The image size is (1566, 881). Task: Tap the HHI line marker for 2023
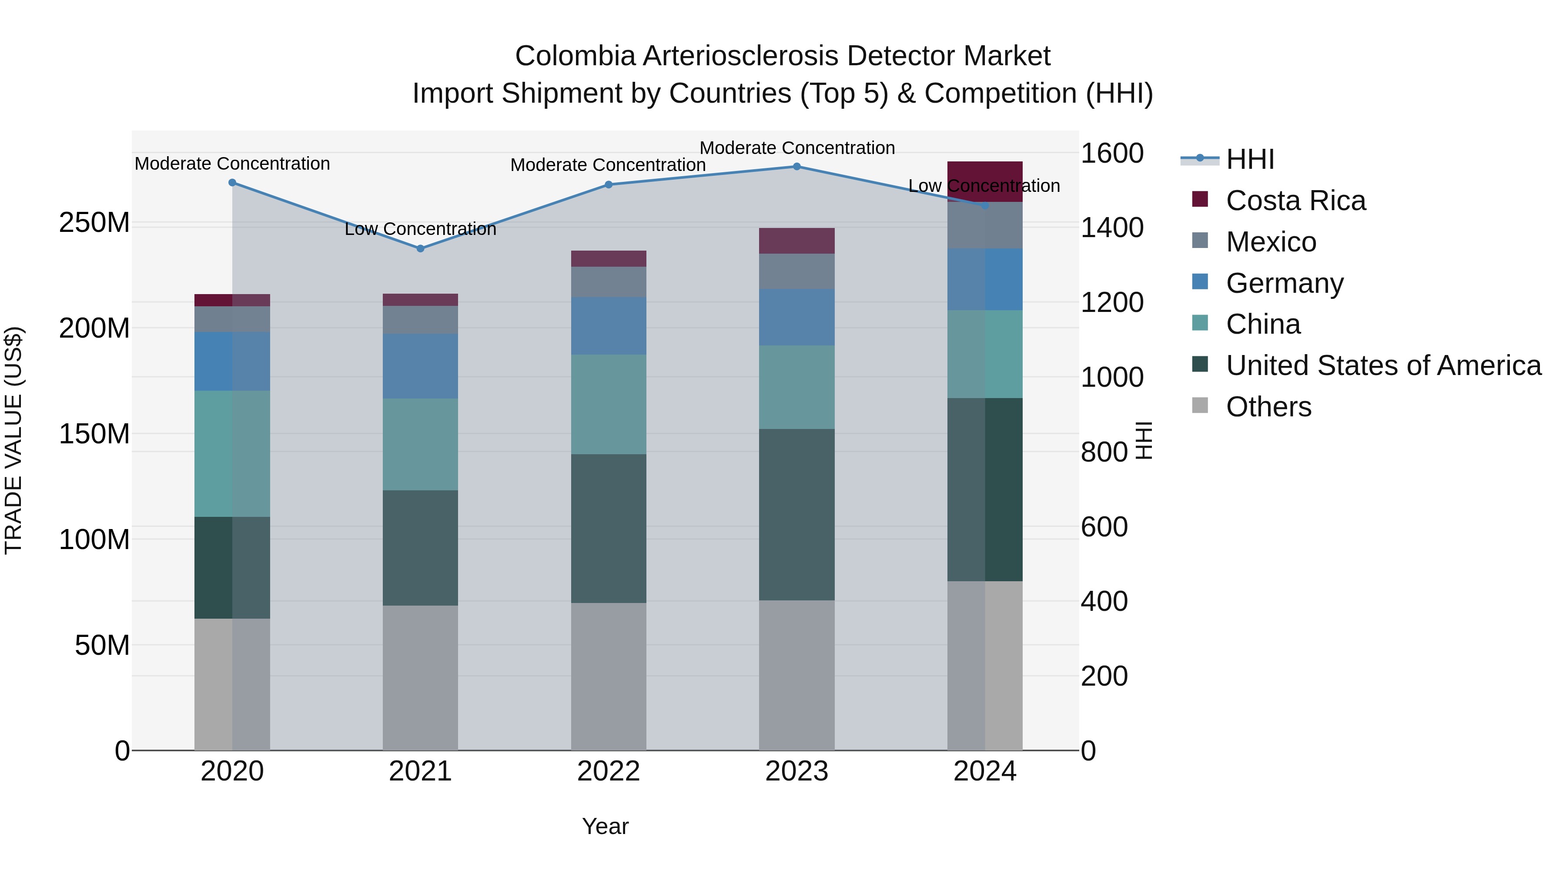point(796,167)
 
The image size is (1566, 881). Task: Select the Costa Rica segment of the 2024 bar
point(985,181)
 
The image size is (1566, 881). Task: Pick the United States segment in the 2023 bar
point(796,514)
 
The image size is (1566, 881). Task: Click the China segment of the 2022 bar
point(609,404)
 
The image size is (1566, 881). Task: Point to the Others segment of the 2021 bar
point(420,677)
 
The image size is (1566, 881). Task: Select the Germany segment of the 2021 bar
point(420,366)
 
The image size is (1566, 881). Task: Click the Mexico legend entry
point(1271,242)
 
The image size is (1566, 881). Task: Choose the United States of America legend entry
point(1383,365)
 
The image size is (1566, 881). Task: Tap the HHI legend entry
point(1249,159)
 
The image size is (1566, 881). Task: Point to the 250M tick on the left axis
point(94,223)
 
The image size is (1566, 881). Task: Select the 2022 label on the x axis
point(609,771)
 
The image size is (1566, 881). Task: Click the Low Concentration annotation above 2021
point(420,229)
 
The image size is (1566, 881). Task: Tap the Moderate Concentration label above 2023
point(797,148)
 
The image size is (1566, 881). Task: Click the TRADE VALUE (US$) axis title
point(13,440)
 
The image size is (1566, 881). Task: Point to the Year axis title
point(605,826)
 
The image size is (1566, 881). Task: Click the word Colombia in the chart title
point(575,56)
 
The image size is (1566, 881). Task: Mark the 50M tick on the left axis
point(101,645)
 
